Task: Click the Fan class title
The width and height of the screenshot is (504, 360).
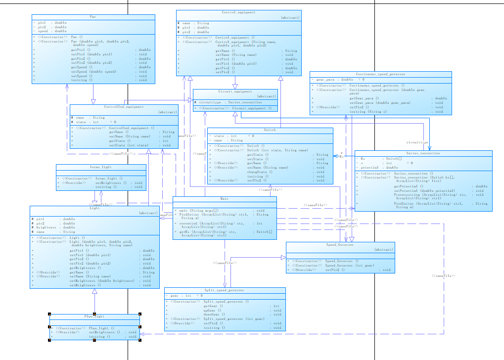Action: pyautogui.click(x=92, y=17)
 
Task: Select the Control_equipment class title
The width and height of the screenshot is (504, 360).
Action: pyautogui.click(x=238, y=12)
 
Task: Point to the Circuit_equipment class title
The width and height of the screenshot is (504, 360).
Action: pyautogui.click(x=235, y=91)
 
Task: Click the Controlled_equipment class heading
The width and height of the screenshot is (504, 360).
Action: pyautogui.click(x=124, y=107)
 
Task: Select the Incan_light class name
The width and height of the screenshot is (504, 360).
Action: pyautogui.click(x=100, y=167)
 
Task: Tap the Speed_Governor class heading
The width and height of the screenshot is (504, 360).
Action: pyautogui.click(x=340, y=245)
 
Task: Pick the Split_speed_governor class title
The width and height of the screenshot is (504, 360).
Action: pyautogui.click(x=225, y=290)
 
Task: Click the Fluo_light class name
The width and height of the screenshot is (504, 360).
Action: pyautogui.click(x=94, y=316)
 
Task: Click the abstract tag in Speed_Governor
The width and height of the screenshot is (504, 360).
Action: pyautogui.click(x=384, y=250)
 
